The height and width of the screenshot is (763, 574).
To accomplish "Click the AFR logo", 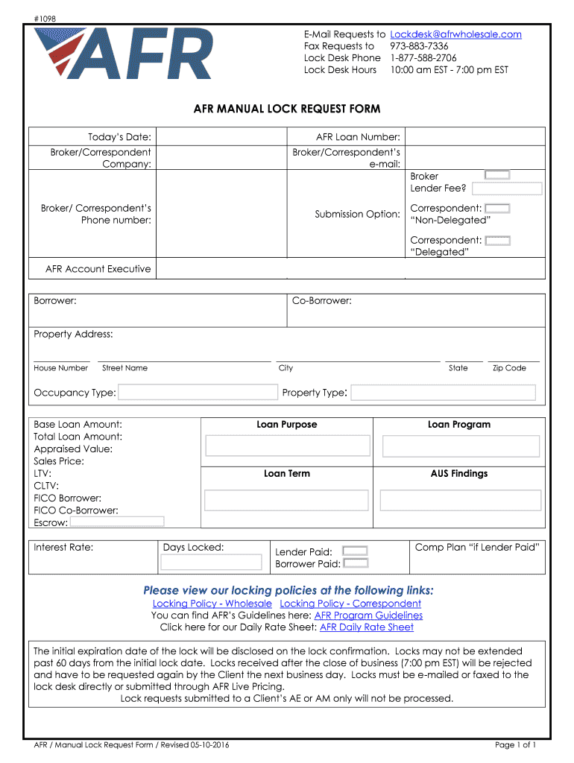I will click(123, 53).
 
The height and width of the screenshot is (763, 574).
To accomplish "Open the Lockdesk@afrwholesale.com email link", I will click(455, 34).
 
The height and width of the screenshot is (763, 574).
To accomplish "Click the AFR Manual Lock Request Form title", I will click(287, 109).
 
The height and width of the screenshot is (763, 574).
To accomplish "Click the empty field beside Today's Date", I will click(221, 137).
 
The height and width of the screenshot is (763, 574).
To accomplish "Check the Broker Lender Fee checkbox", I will click(497, 175).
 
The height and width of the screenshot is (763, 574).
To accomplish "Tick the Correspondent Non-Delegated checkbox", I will click(497, 209).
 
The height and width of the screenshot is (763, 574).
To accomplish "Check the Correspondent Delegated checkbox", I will click(497, 241).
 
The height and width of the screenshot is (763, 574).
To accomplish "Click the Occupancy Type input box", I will click(198, 393).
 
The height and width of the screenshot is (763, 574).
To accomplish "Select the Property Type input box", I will click(443, 393).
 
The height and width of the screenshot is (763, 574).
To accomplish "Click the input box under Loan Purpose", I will click(288, 446).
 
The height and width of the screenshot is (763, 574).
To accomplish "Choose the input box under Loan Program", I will click(461, 446).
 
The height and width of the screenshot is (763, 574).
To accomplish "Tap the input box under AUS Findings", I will click(459, 500).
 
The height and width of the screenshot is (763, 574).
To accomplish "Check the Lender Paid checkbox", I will click(355, 551).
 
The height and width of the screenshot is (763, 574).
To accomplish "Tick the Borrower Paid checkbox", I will click(355, 564).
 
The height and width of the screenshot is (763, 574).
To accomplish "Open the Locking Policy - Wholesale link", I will click(212, 604).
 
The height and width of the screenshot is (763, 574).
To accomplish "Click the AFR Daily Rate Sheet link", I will click(366, 627).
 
